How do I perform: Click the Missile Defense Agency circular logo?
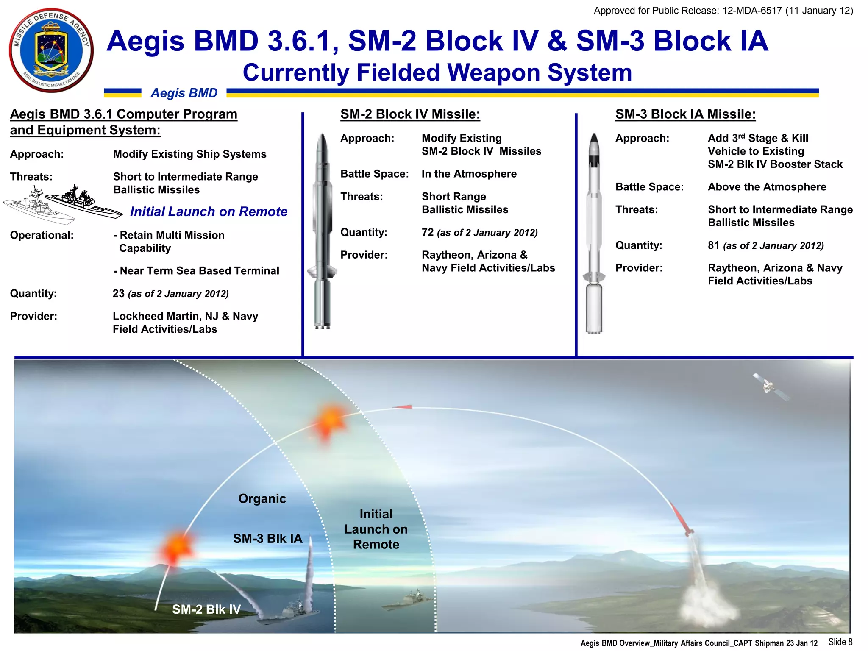(x=51, y=50)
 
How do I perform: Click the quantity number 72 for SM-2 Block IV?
(x=427, y=232)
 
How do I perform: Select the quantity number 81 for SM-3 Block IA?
(x=713, y=245)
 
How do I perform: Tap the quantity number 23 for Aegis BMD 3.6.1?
(x=118, y=293)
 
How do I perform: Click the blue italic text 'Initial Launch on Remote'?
(x=209, y=211)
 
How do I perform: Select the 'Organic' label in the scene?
(x=262, y=498)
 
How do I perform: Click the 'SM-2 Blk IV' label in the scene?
(x=206, y=609)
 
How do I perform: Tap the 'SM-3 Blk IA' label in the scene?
(x=267, y=539)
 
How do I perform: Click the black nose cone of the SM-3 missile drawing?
(x=594, y=140)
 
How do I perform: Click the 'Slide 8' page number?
(x=840, y=642)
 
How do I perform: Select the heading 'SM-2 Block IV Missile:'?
(x=410, y=114)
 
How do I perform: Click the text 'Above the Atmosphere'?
(x=767, y=187)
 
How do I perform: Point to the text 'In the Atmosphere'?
(x=469, y=174)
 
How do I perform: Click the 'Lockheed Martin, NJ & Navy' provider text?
(x=185, y=316)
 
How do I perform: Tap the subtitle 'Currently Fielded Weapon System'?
(x=437, y=72)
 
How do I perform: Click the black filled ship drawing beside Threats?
(x=85, y=202)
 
